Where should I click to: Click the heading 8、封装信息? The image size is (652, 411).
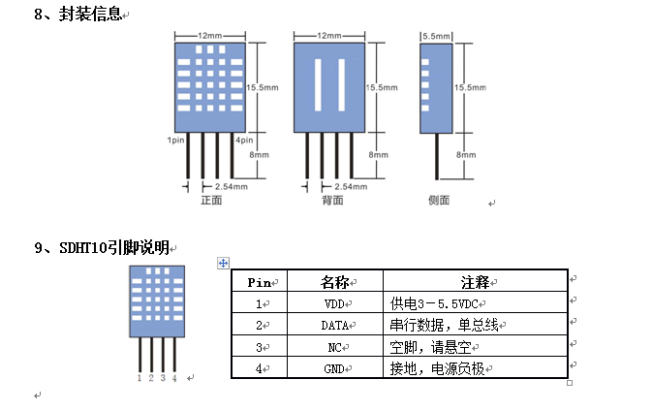coord(78,16)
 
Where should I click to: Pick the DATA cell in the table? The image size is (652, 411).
coord(336,326)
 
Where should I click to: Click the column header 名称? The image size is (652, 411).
coord(335,282)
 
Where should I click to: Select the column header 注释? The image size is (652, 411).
coord(475,282)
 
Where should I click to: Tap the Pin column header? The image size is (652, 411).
coord(260,282)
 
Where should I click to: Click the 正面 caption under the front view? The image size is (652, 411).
coord(211,201)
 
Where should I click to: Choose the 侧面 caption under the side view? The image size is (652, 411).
coord(439,201)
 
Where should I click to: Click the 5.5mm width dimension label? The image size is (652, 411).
coord(437,36)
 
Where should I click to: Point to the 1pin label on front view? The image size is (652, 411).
coord(175,141)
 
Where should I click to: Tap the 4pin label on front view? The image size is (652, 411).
coord(244,141)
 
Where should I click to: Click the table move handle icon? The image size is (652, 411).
coord(223,263)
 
